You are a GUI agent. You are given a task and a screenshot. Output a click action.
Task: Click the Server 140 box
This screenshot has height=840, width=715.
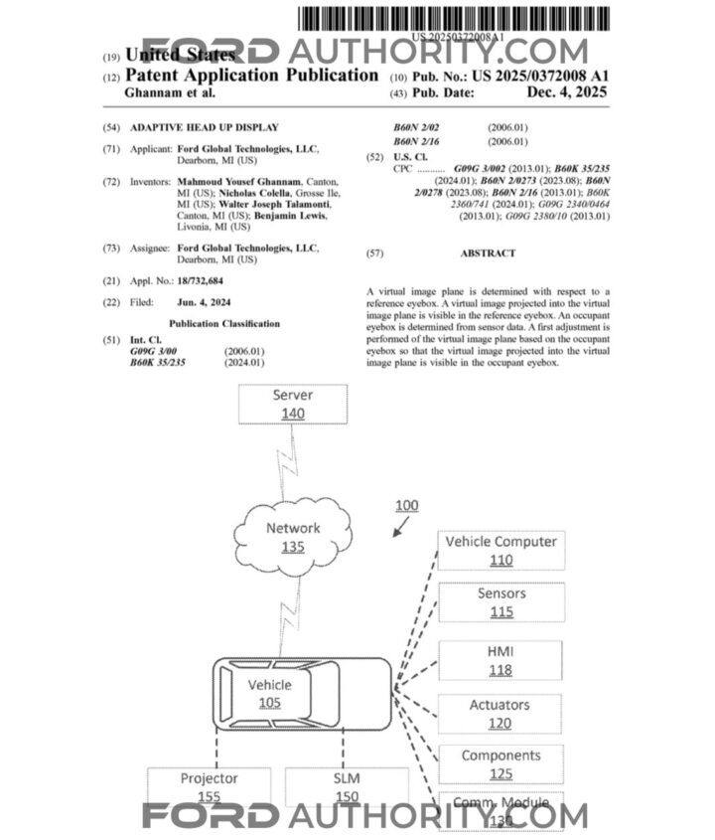(x=292, y=404)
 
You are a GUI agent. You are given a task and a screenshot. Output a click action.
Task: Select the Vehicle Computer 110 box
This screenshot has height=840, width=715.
(x=500, y=550)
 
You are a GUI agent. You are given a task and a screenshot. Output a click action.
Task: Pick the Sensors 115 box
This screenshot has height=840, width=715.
(x=500, y=602)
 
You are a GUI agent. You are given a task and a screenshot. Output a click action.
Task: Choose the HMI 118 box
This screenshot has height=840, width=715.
(x=500, y=660)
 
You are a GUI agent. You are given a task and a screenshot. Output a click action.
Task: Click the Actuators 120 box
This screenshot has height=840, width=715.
(x=500, y=714)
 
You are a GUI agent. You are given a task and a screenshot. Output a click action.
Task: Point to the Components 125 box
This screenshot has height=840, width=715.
(x=500, y=764)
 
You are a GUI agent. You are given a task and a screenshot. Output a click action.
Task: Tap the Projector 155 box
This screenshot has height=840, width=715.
(x=209, y=786)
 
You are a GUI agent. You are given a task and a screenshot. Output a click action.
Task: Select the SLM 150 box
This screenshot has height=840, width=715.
(x=346, y=786)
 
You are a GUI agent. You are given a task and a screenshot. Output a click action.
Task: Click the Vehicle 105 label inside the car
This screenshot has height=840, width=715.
(x=270, y=694)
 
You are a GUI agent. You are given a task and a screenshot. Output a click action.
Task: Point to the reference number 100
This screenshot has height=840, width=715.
(x=406, y=505)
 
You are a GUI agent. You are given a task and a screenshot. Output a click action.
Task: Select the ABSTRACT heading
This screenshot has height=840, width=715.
(x=488, y=253)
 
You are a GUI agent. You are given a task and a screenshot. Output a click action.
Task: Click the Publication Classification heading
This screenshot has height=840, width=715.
(x=224, y=324)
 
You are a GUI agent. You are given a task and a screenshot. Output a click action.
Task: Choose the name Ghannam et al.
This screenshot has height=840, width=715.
(x=170, y=92)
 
